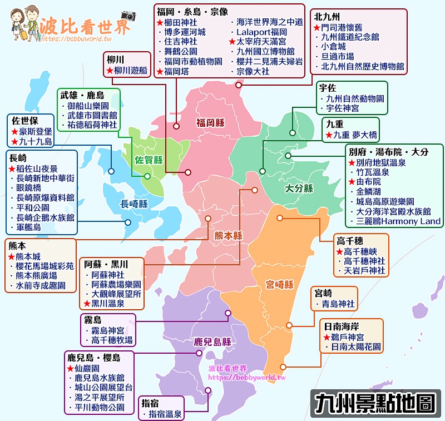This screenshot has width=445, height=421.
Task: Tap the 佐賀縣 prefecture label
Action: [149, 160]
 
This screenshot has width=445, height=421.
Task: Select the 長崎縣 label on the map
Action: [134, 204]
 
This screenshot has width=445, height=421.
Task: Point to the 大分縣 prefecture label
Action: [299, 189]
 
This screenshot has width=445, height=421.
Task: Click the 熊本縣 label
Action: [229, 235]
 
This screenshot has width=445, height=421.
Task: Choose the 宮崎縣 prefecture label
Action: [279, 285]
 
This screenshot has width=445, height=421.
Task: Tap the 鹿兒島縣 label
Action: [212, 341]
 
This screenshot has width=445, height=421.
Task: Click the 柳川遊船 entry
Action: [130, 71]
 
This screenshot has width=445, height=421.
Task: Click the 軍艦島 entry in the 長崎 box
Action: [29, 227]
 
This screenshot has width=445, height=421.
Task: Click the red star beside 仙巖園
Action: [70, 368]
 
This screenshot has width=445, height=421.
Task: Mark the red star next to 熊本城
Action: [12, 256]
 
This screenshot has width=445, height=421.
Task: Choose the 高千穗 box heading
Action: [350, 240]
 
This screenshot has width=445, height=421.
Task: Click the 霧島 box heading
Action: [92, 320]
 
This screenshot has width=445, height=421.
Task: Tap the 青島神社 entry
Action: [338, 304]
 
